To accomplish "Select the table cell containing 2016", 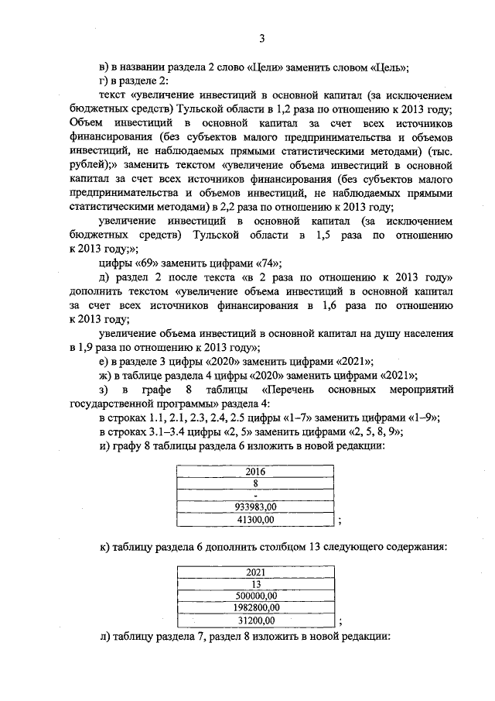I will pos(255,471).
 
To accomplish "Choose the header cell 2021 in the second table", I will pos(255,572).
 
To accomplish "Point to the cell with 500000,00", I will pos(255,596).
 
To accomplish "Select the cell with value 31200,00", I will pos(255,620).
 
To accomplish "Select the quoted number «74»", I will pos(268,262).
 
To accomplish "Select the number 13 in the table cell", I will pos(255,585).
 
